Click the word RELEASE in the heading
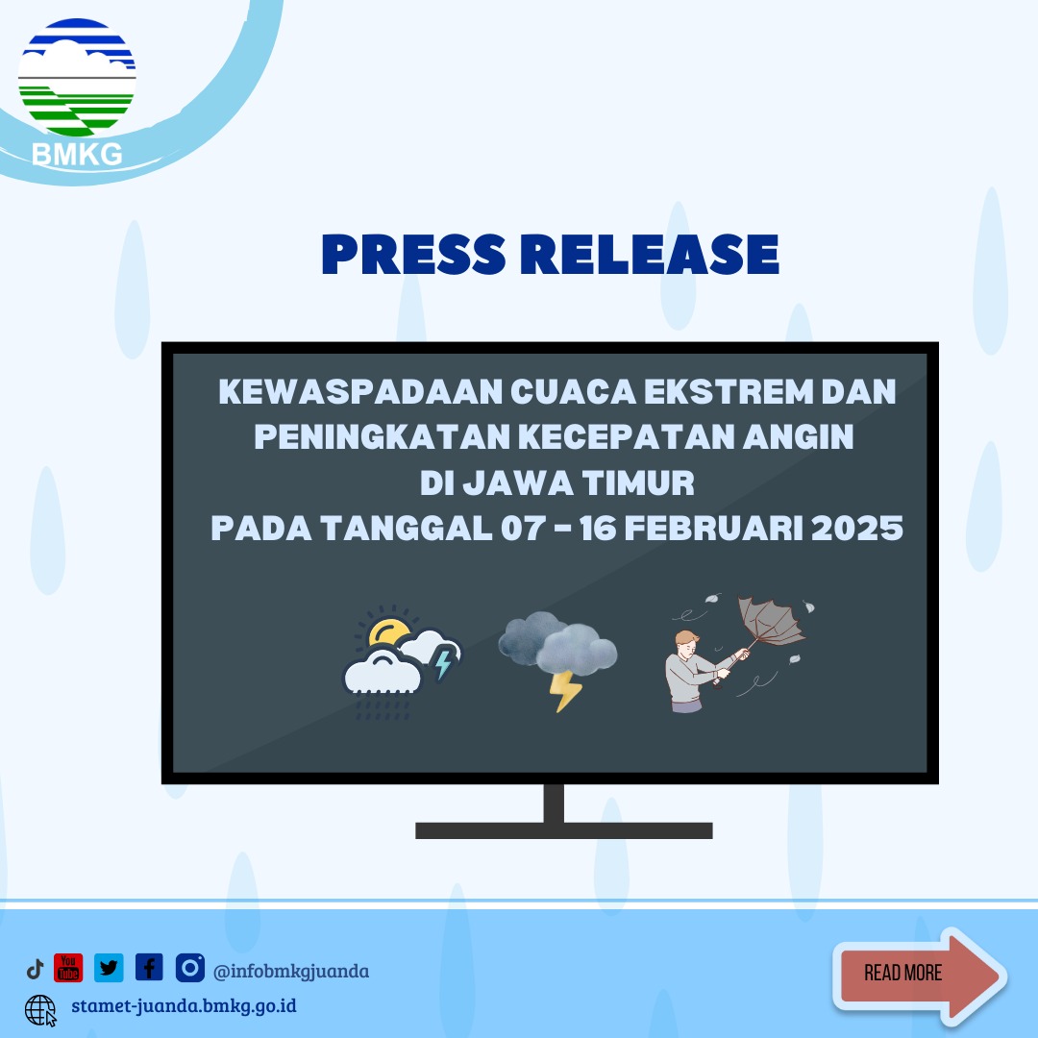pyautogui.click(x=655, y=254)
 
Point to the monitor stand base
pyautogui.click(x=563, y=829)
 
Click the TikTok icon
pyautogui.click(x=36, y=969)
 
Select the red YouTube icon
pyautogui.click(x=68, y=968)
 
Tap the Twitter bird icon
pyautogui.click(x=109, y=968)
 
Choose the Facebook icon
pyautogui.click(x=149, y=968)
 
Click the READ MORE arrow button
pyautogui.click(x=918, y=974)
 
